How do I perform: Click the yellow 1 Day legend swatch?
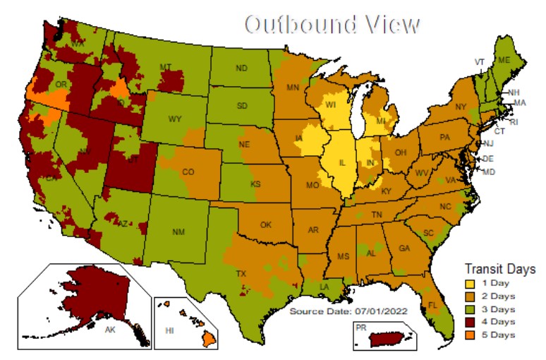pyautogui.click(x=470, y=283)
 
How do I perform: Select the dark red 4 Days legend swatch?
pyautogui.click(x=470, y=321)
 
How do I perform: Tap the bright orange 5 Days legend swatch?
pyautogui.click(x=470, y=334)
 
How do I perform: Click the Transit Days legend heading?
pyautogui.click(x=499, y=269)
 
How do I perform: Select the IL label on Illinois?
pyautogui.click(x=341, y=162)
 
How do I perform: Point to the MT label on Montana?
pyautogui.click(x=166, y=67)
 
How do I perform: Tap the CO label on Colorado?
pyautogui.click(x=188, y=172)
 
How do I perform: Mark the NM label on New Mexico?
pyautogui.click(x=178, y=231)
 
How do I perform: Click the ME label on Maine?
pyautogui.click(x=504, y=61)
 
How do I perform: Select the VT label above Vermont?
pyautogui.click(x=480, y=62)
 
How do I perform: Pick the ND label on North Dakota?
pyautogui.click(x=241, y=68)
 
